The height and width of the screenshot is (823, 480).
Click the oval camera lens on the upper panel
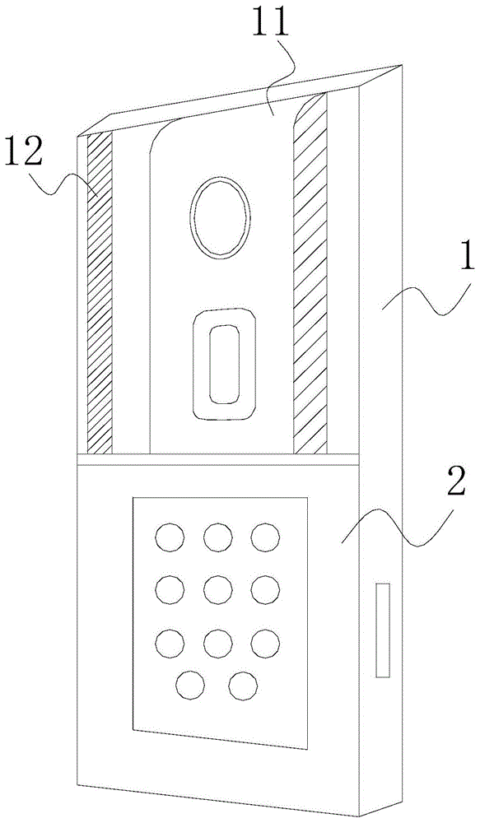click(220, 218)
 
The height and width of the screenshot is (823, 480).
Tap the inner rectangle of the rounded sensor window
click(224, 365)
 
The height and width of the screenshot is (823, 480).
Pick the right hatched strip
click(310, 273)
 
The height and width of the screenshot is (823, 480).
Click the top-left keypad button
click(170, 537)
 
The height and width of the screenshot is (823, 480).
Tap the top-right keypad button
click(265, 537)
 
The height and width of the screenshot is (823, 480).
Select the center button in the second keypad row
click(218, 589)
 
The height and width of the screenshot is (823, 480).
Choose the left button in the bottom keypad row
click(190, 686)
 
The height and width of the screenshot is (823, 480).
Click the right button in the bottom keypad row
click(244, 686)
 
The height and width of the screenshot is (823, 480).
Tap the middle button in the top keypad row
click(218, 537)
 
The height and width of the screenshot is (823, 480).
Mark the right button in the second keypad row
click(265, 589)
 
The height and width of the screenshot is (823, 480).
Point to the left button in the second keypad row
click(170, 589)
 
